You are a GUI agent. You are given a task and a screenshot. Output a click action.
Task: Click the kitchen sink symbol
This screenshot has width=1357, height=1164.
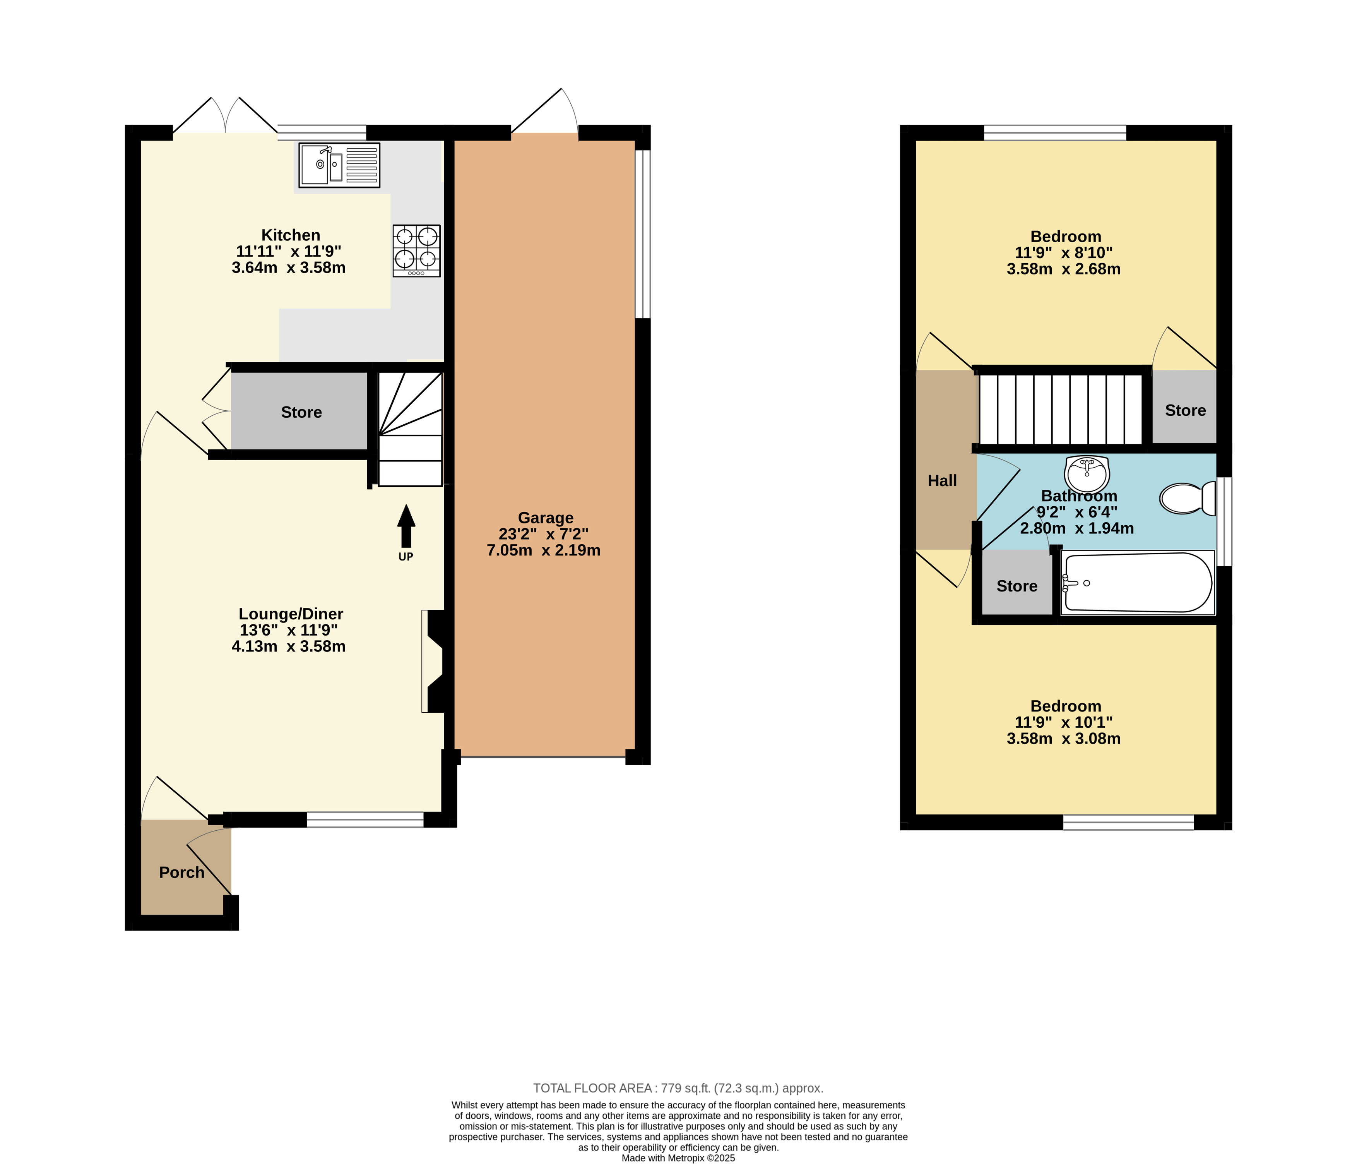[339, 165]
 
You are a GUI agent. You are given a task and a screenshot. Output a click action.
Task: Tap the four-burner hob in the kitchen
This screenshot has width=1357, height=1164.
[416, 251]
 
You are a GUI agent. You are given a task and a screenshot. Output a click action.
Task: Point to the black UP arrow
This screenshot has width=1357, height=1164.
[406, 526]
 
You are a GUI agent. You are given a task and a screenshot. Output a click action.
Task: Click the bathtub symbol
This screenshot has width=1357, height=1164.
[1138, 582]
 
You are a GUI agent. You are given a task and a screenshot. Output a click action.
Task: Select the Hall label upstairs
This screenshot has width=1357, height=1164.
[943, 481]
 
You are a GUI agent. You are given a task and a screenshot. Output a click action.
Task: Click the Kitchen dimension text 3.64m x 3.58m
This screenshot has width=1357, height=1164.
[289, 268]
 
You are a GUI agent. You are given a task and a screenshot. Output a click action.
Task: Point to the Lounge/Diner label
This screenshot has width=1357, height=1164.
[291, 614]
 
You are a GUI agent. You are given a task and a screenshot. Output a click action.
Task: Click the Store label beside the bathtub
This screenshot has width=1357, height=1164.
[1017, 586]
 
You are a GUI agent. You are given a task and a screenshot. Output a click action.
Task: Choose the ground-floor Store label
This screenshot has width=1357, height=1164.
[301, 412]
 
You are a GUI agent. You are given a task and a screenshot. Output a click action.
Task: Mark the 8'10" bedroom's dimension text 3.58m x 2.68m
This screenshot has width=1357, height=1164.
[1064, 269]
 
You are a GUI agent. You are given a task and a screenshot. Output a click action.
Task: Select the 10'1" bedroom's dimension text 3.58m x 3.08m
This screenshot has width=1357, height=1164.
[1064, 739]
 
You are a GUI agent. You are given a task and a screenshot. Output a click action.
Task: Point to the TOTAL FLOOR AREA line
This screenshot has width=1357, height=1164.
[679, 1088]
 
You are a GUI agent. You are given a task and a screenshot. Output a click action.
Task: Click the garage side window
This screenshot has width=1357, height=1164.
[643, 235]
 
